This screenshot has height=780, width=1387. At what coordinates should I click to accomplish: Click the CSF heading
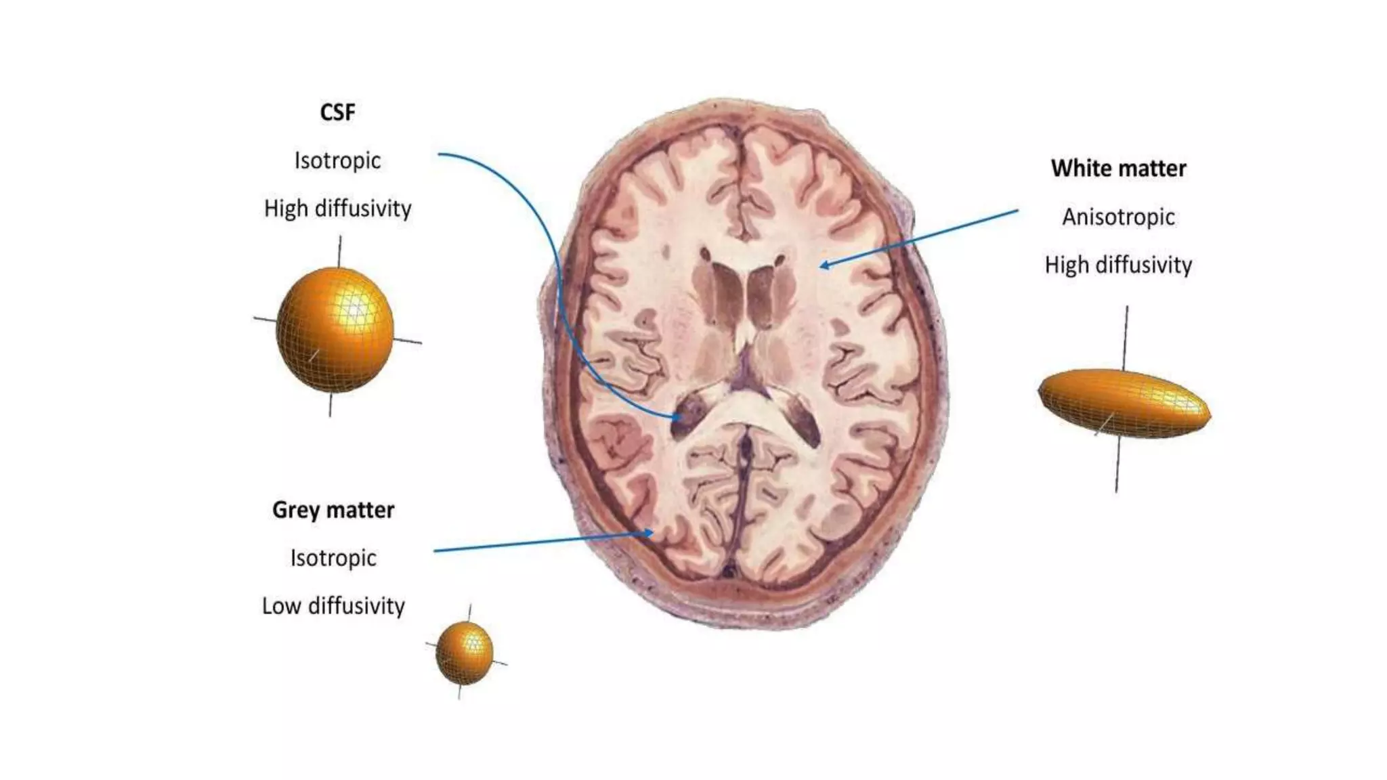coord(337,112)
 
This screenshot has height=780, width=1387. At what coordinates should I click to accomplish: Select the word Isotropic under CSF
coord(337,161)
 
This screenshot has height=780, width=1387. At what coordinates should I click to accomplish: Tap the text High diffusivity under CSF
coord(337,209)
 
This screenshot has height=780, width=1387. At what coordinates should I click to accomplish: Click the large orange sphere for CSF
coord(335,330)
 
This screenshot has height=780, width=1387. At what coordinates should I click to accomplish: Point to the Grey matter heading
coord(333,510)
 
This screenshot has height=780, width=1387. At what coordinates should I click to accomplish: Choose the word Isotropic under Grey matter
coord(333,558)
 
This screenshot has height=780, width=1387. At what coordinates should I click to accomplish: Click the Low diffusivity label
coord(333,606)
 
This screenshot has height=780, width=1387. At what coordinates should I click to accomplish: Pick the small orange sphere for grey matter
coord(465,653)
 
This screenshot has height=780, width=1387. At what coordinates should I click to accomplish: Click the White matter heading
coord(1118,169)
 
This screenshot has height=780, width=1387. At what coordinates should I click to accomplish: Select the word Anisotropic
coord(1118,217)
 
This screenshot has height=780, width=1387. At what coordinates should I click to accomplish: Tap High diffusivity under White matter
coord(1118,265)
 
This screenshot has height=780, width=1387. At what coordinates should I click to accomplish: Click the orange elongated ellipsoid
coord(1124,404)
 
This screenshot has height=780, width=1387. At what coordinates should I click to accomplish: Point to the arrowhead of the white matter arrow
coord(824,265)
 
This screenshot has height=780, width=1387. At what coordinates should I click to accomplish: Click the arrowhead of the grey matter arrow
coord(649,533)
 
